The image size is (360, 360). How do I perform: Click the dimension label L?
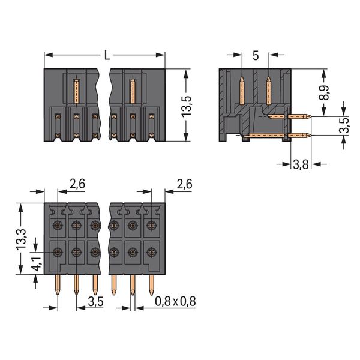(106, 56)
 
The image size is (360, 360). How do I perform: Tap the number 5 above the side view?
(256, 56)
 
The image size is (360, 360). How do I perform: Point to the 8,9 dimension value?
(325, 94)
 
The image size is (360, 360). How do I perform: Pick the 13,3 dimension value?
(21, 238)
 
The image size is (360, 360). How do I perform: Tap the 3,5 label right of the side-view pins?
(343, 127)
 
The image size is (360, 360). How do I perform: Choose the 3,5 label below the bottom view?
(96, 301)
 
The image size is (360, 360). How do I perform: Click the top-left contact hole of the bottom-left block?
(58, 226)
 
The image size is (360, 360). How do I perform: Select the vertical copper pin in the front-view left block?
(76, 90)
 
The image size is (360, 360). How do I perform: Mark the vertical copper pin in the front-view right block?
(133, 90)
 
